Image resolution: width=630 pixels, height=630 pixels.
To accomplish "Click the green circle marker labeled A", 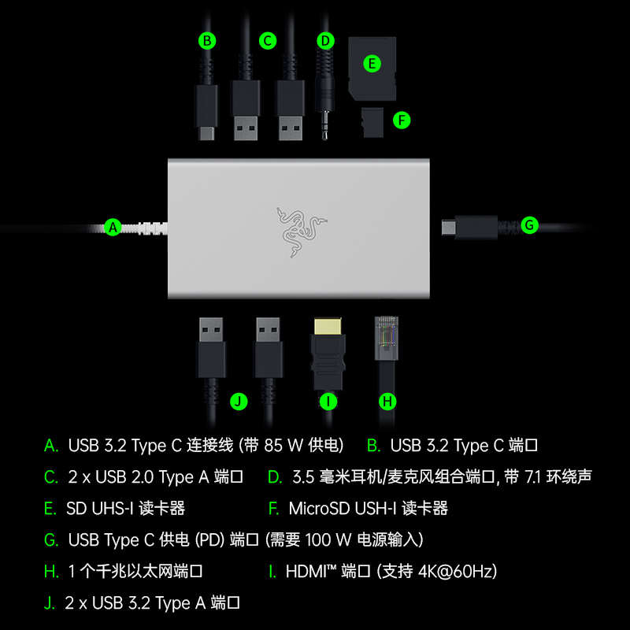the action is [x=113, y=227].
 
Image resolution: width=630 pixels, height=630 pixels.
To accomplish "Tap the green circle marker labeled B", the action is [x=207, y=40].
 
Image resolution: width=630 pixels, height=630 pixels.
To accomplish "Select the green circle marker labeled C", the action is [x=268, y=40].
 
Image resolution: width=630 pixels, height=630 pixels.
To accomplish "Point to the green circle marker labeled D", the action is [x=325, y=40].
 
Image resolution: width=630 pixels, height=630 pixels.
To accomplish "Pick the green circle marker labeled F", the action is [x=402, y=120].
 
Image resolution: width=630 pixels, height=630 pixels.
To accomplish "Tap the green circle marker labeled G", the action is [x=529, y=226].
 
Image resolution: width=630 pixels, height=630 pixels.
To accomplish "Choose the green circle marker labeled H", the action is [x=387, y=402].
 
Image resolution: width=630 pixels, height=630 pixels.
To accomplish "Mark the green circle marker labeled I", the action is [x=328, y=402].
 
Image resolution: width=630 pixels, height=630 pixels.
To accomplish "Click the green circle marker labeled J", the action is [x=239, y=402].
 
